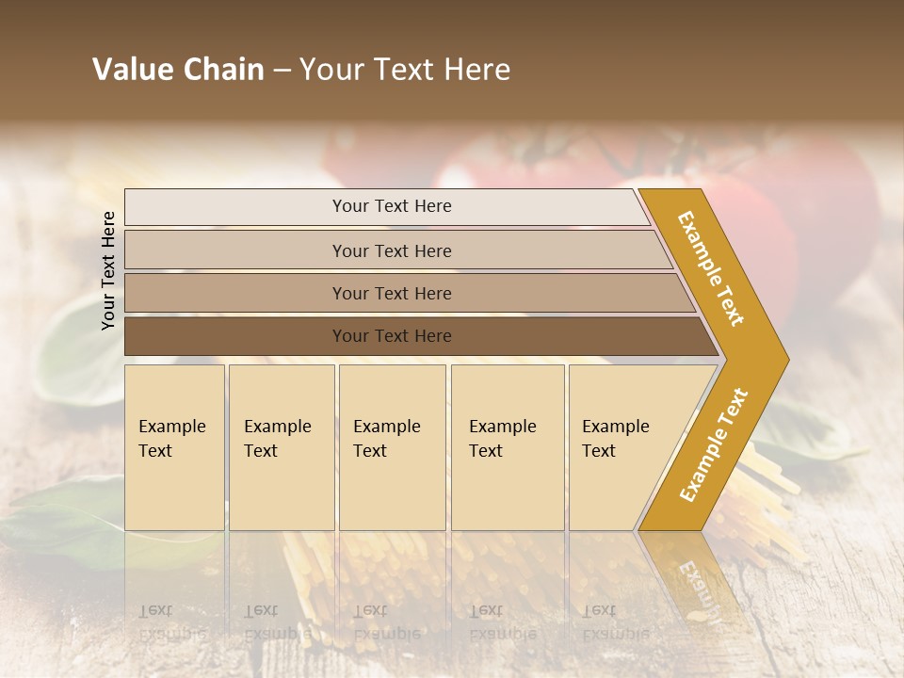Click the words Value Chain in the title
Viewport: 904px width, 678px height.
click(x=178, y=70)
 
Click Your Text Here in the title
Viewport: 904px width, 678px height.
click(x=405, y=70)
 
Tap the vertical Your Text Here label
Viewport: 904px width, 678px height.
click(x=108, y=270)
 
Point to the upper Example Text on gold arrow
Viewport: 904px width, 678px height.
click(x=711, y=268)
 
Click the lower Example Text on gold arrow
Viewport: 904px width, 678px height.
click(x=713, y=445)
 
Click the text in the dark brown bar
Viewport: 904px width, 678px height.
click(x=392, y=336)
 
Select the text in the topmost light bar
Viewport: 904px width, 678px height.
click(x=392, y=206)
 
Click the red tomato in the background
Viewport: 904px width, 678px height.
click(x=829, y=207)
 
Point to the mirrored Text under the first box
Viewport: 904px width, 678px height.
click(x=155, y=610)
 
